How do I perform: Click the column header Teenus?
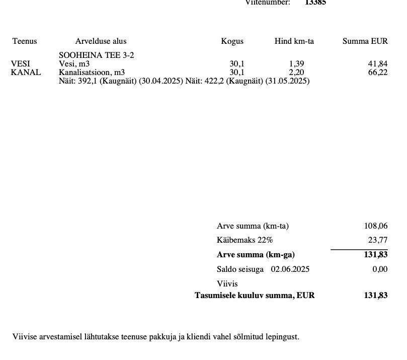[x=25, y=41]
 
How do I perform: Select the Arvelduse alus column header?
[x=101, y=41]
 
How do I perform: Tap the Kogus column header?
[x=232, y=41]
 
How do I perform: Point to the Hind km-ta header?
[x=294, y=41]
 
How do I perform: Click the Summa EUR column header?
[x=365, y=41]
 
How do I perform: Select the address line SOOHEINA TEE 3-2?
[x=97, y=55]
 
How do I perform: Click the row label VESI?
[x=20, y=64]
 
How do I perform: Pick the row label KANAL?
[x=26, y=73]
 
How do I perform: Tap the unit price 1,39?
[x=296, y=64]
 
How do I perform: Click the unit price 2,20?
[x=296, y=73]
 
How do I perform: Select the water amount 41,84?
[x=378, y=64]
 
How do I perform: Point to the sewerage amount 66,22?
[x=378, y=73]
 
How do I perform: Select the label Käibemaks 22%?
[x=245, y=240]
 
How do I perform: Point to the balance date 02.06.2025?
[x=290, y=269]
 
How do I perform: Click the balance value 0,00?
[x=380, y=269]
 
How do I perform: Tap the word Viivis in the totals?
[x=227, y=284]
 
